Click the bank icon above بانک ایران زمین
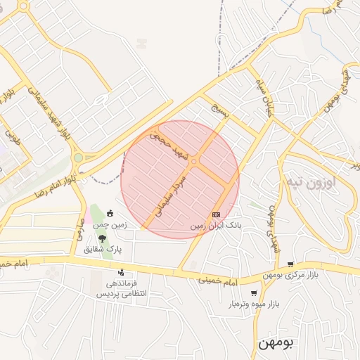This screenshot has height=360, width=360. pos(215,214)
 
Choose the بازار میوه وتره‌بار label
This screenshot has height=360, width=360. pos(253,304)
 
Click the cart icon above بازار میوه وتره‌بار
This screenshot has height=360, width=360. pos(253,292)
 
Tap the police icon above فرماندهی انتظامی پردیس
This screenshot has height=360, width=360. pos(121,272)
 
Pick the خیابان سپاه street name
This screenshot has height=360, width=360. pos(259,94)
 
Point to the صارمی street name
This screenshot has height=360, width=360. pos(77,227)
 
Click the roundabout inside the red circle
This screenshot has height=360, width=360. pos(193,162)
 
